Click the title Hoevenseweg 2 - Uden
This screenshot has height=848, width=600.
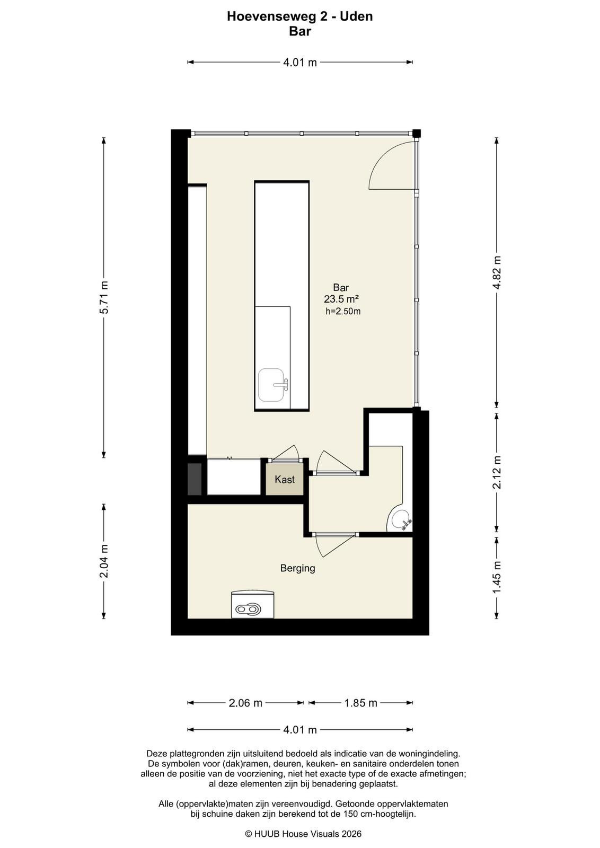pyautogui.click(x=300, y=16)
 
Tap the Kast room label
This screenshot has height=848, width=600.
pyautogui.click(x=284, y=480)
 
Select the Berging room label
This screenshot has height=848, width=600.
pyautogui.click(x=297, y=568)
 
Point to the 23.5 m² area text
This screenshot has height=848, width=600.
pyautogui.click(x=341, y=299)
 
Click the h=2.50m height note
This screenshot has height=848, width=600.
pyautogui.click(x=343, y=312)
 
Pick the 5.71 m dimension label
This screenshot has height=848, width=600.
pyautogui.click(x=104, y=297)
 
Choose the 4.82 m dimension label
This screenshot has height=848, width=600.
pyautogui.click(x=497, y=272)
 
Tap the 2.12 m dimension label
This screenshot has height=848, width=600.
pyautogui.click(x=497, y=472)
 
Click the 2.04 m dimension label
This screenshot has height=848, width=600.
pyautogui.click(x=104, y=561)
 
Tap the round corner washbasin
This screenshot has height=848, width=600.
pyautogui.click(x=400, y=519)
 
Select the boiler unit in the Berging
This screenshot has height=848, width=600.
pyautogui.click(x=252, y=604)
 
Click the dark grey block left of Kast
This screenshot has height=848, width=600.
pyautogui.click(x=195, y=479)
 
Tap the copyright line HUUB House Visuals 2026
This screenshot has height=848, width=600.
pyautogui.click(x=303, y=834)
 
